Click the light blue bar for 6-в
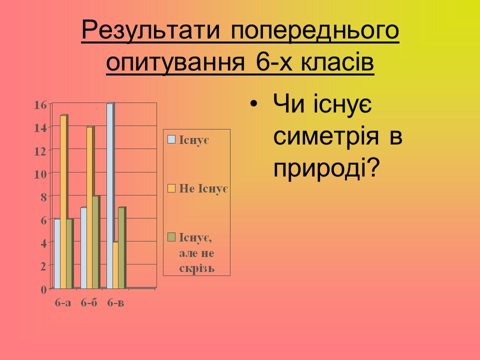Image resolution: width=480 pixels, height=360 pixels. coord(110,196)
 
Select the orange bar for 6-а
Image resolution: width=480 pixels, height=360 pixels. coord(63,201)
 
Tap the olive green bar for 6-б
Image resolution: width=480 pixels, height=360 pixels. coord(95,242)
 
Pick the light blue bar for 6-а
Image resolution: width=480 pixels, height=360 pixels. coord(57,254)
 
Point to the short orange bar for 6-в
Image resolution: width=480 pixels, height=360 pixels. coord(115,265)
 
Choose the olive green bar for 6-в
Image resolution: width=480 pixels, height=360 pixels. coord(122,248)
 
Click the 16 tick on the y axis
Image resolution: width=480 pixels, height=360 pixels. coord(40,105)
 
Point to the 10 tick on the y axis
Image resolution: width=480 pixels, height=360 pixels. coord(40,174)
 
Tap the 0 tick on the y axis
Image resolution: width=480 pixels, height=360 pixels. coord(44,289)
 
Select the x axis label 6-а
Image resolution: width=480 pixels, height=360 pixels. coord(63,303)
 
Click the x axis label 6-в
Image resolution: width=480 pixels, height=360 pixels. coord(115,303)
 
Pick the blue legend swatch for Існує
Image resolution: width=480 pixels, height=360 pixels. coord(171,139)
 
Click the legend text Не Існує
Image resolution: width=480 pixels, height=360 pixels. coord(203,188)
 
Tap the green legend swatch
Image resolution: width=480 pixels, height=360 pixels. coord(171,237)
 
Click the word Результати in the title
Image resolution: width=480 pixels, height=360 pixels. coord(150,30)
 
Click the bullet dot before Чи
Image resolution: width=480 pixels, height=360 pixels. coord(253,104)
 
